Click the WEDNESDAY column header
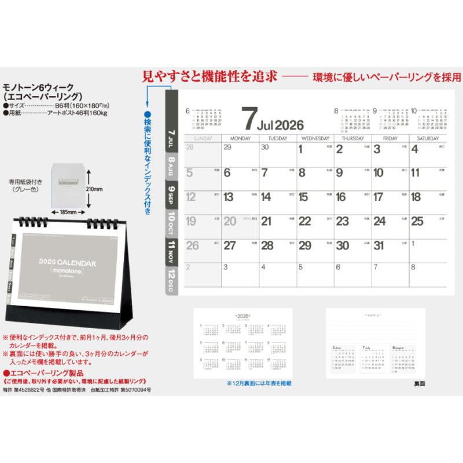coord(315,139)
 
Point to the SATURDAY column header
coord(428,139)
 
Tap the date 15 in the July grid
coord(303,197)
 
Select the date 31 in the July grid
coord(379,245)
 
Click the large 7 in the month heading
coord(248,119)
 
